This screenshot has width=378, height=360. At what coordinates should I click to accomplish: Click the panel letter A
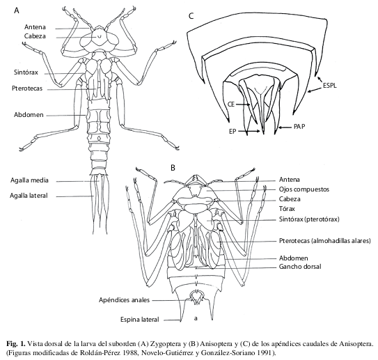(17, 10)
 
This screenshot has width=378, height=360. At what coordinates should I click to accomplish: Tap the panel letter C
(191, 16)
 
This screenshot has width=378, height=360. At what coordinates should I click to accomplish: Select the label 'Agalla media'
(29, 180)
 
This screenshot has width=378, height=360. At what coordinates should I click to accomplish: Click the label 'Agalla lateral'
(29, 195)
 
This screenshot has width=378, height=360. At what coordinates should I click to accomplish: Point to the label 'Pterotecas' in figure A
(27, 88)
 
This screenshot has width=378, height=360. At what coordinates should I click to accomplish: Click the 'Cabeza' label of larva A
(35, 36)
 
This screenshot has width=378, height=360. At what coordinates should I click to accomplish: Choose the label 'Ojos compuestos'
(304, 189)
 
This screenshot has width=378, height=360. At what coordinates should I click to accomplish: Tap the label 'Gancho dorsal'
(300, 267)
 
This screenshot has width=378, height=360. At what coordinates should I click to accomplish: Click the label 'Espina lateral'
(140, 320)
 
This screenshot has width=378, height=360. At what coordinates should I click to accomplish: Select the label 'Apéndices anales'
(124, 300)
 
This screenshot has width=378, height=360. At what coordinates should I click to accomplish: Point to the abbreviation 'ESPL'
(330, 86)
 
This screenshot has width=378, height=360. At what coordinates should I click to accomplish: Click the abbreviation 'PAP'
(299, 126)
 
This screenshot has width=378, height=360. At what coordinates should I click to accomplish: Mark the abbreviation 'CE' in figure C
(231, 104)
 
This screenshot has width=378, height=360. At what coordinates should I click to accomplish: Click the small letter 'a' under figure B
(196, 318)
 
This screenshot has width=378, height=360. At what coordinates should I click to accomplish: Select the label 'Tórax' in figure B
(287, 209)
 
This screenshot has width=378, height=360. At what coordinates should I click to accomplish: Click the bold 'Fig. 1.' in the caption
(16, 343)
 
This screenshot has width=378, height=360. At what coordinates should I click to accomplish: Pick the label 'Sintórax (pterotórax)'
(309, 219)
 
